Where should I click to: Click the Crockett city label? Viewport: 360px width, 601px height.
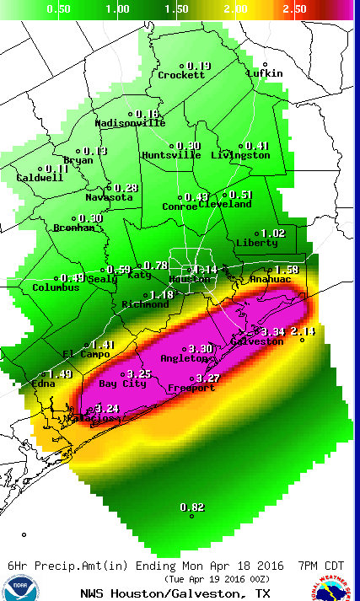pyautogui.click(x=181, y=75)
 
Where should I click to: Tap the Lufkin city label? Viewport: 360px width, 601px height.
pyautogui.click(x=265, y=73)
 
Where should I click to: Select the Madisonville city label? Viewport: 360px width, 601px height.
pyautogui.click(x=130, y=122)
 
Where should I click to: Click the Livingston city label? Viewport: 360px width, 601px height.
pyautogui.click(x=239, y=155)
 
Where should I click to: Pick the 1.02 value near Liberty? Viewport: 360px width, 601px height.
pyautogui.click(x=273, y=233)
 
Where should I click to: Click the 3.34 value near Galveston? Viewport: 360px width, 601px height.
pyautogui.click(x=275, y=331)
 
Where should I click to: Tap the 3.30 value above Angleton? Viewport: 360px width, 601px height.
pyautogui.click(x=201, y=348)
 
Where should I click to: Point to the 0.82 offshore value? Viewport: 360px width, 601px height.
pyautogui.click(x=193, y=507)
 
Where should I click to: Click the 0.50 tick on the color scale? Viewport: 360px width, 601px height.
pyautogui.click(x=57, y=8)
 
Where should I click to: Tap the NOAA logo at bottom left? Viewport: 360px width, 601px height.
pyautogui.click(x=19, y=588)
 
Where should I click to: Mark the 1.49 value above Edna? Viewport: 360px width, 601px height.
pyautogui.click(x=61, y=374)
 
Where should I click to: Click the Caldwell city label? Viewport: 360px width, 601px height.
pyautogui.click(x=40, y=178)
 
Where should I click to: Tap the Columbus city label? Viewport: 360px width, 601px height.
pyautogui.click(x=56, y=287)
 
